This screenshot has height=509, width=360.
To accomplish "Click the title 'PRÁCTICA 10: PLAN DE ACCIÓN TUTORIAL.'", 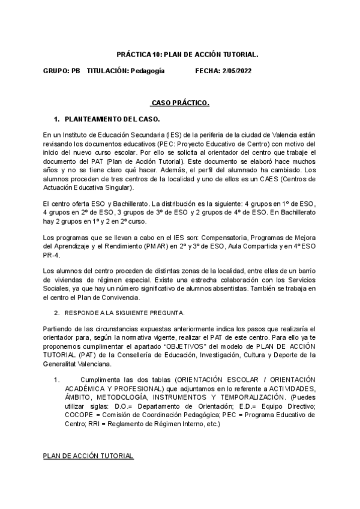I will click(179, 54).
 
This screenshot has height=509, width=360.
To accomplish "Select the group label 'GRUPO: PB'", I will click(61, 71).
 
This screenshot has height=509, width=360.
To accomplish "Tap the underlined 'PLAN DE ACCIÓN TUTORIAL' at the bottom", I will click(88, 456).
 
